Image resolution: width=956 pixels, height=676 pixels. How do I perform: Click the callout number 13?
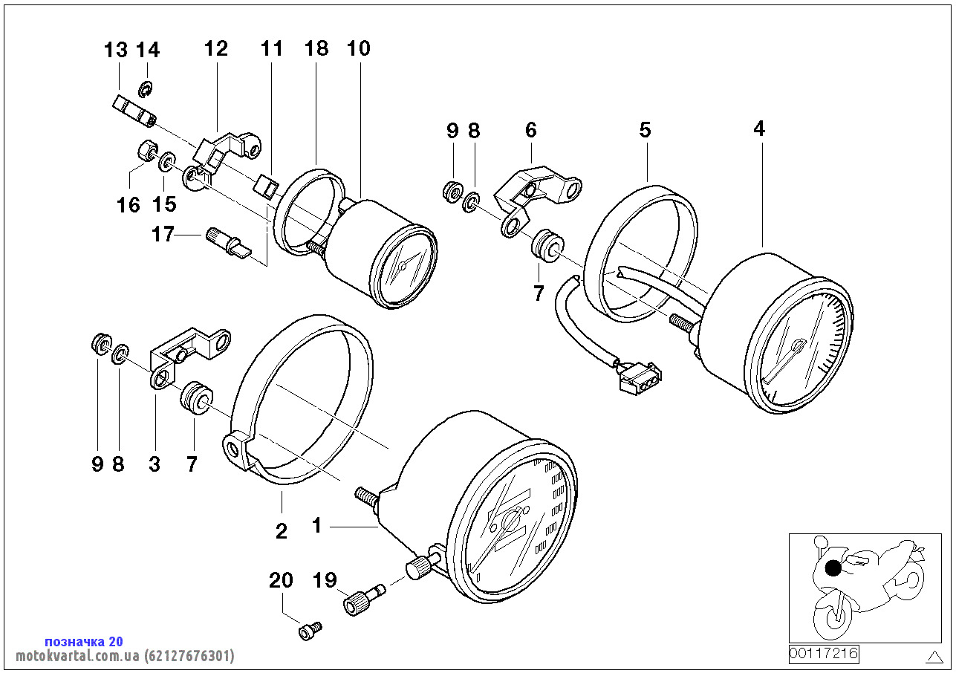116,50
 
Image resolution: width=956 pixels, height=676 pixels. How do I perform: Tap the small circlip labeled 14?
146,88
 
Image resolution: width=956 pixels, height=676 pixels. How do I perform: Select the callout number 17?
163,234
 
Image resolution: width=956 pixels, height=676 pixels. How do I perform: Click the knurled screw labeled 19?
364,599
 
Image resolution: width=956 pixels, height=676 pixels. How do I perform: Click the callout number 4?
759,129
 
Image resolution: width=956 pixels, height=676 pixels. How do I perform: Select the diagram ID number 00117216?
823,654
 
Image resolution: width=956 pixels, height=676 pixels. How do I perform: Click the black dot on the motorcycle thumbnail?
833,568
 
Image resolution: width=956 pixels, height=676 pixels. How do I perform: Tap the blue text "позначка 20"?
84,641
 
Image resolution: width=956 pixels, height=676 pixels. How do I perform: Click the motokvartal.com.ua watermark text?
125,656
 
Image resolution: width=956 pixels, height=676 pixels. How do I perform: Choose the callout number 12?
216,48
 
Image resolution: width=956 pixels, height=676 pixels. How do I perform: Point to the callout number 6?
531,130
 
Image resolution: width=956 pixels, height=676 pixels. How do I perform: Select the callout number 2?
282,531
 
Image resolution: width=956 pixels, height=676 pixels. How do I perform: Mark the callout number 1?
316,526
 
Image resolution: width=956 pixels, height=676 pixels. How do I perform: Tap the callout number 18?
316,48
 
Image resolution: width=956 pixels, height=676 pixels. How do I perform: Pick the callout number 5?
645,129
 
